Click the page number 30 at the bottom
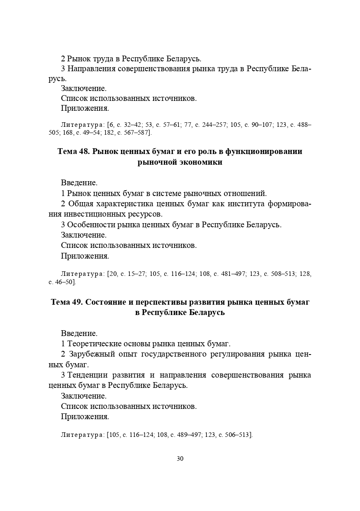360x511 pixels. [x=180, y=459]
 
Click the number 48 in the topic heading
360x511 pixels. [x=84, y=152]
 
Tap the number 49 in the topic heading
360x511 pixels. [x=77, y=302]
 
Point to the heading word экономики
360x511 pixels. [x=200, y=162]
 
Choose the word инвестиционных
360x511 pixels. [x=95, y=214]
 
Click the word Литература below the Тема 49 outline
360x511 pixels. [x=82, y=434]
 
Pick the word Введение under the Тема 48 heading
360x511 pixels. [x=79, y=182]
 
